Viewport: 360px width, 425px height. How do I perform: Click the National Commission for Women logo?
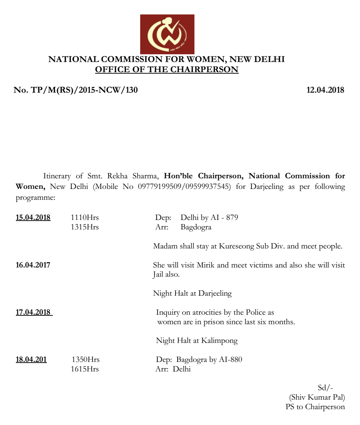[167, 34]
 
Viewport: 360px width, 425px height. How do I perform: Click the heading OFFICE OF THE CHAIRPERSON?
[167, 69]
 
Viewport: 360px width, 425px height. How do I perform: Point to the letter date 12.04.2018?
[325, 90]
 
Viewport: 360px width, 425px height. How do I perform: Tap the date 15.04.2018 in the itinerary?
[33, 217]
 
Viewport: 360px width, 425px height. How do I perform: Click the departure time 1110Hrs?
[85, 217]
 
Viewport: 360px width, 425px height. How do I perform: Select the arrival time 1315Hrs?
[85, 227]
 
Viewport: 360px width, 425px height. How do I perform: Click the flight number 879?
[232, 217]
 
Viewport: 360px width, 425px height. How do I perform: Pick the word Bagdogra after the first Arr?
[196, 227]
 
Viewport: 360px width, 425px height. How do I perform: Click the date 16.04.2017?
[33, 265]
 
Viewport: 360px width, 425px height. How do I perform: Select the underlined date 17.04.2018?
[34, 312]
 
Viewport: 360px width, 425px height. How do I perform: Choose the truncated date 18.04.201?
[31, 360]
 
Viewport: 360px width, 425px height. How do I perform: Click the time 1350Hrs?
[86, 360]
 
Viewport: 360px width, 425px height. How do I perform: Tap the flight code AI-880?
[230, 360]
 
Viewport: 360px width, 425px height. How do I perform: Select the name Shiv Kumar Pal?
[317, 398]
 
